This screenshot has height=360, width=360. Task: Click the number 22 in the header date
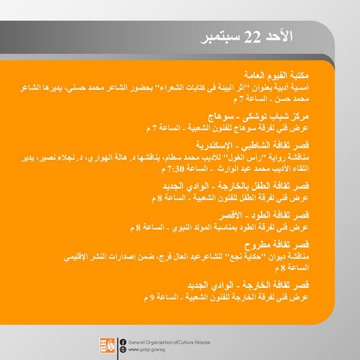(x=252, y=37)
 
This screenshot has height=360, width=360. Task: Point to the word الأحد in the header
(x=278, y=37)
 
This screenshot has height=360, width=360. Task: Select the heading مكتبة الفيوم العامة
(x=276, y=75)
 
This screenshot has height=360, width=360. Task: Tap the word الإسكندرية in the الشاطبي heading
(x=214, y=145)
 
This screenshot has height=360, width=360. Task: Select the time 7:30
(x=176, y=169)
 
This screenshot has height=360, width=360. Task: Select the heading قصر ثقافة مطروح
(x=277, y=244)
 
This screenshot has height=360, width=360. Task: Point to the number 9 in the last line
(x=151, y=298)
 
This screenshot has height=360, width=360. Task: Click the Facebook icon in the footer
(x=123, y=342)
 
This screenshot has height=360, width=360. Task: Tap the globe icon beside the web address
(x=123, y=349)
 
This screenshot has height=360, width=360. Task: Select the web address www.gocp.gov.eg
(x=146, y=349)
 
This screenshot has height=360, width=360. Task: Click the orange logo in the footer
(x=106, y=345)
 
